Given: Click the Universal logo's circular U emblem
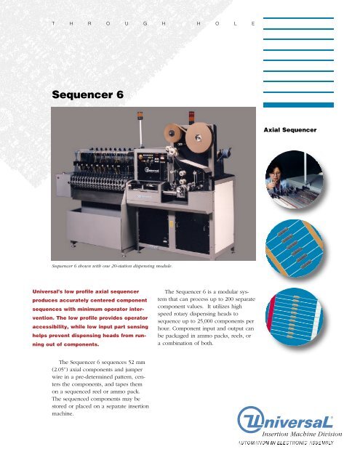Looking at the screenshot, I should pyautogui.click(x=252, y=422).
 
